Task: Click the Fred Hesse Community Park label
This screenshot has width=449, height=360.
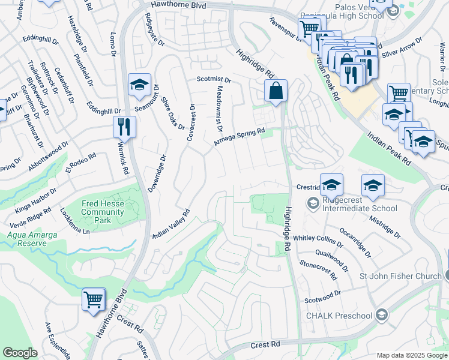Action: point(102,212)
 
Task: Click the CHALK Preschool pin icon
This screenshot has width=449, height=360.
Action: point(381,316)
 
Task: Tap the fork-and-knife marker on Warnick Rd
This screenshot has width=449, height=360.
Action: point(125,127)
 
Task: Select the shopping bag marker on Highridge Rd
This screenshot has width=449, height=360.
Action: point(276,92)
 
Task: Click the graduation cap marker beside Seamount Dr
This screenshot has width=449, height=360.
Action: point(139,85)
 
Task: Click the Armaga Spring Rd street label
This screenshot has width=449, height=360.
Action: point(240,137)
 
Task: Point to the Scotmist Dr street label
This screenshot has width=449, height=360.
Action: point(214,79)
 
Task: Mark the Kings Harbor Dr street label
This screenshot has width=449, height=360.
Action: point(37,199)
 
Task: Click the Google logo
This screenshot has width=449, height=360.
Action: point(20,353)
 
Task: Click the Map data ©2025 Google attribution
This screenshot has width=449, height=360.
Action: point(411,355)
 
